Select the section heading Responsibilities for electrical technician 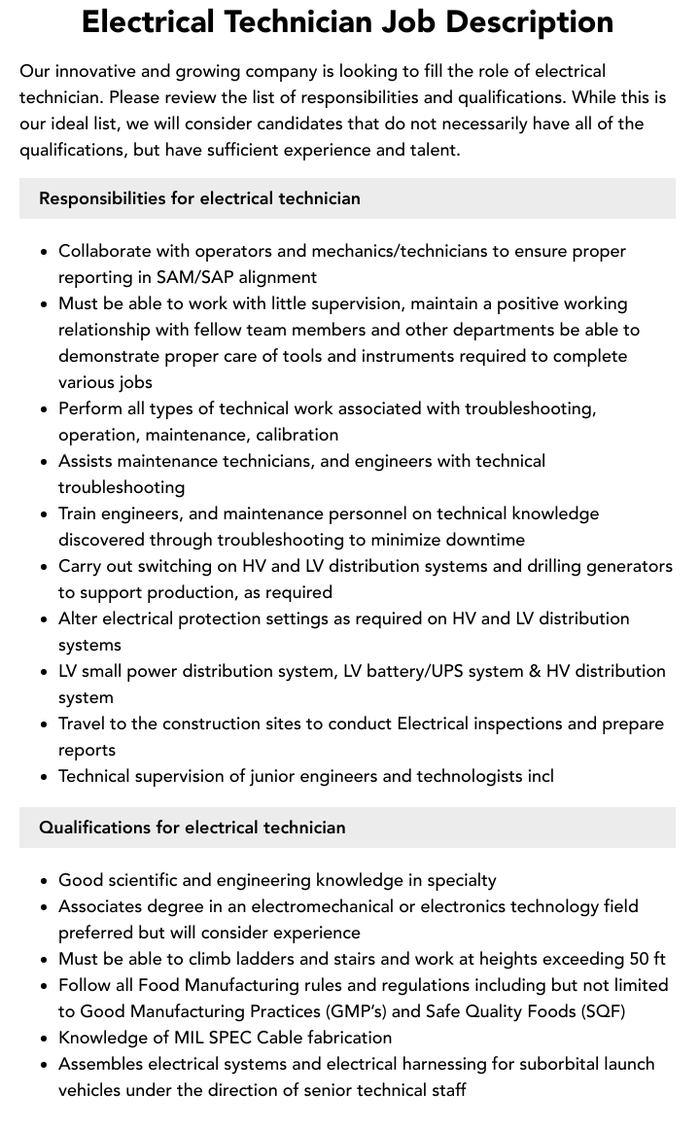coord(199,198)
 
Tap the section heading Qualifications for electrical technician coord(192,828)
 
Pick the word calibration coord(291,435)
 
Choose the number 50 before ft coord(640,959)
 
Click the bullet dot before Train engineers coord(44,514)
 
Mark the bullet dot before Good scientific coord(44,881)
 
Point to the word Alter coord(78,618)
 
